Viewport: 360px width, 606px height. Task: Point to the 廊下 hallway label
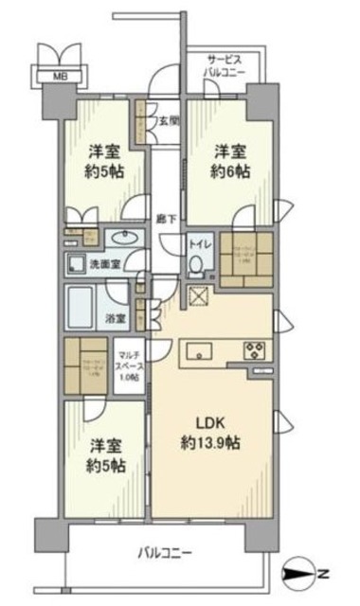[x=164, y=217]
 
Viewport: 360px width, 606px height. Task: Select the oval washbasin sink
[x=120, y=238]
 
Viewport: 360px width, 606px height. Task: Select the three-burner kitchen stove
[x=257, y=348]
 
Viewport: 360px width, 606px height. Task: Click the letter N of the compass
[x=325, y=573]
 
